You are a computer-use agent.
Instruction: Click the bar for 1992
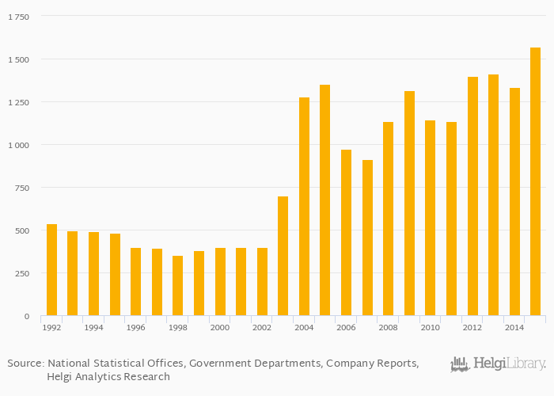[x=51, y=270]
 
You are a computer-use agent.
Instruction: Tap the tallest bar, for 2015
[x=535, y=181]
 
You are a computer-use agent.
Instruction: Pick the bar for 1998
[x=178, y=286]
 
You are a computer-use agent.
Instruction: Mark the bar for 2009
[x=409, y=204]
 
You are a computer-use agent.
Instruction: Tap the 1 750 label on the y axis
[x=18, y=17]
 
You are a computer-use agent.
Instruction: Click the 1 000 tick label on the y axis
[x=18, y=145]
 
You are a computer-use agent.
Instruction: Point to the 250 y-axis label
[x=21, y=273]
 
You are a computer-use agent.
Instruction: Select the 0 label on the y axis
[x=27, y=316]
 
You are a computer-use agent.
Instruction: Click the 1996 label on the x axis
[x=135, y=327]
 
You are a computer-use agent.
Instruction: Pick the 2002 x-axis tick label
[x=262, y=327]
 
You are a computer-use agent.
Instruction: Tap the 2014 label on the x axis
[x=514, y=327]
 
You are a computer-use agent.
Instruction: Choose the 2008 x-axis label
[x=388, y=327]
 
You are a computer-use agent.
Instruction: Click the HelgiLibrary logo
[x=498, y=364]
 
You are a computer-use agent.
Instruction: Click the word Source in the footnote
[x=25, y=364]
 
